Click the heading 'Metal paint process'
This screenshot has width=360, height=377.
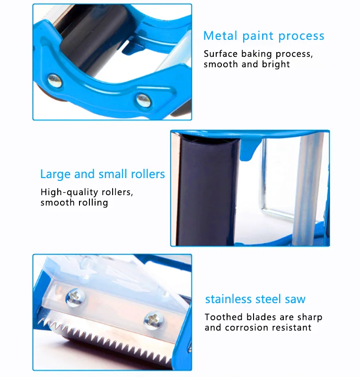263,36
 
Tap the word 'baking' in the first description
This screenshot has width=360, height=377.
256,54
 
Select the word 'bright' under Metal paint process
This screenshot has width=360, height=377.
275,64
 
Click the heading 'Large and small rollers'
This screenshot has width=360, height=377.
102,174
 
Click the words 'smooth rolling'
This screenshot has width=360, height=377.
74,203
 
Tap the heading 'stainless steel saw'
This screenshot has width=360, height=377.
255,299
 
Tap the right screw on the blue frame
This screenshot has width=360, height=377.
143,99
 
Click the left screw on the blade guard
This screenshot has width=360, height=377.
74,297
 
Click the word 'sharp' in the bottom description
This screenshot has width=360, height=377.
308,317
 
